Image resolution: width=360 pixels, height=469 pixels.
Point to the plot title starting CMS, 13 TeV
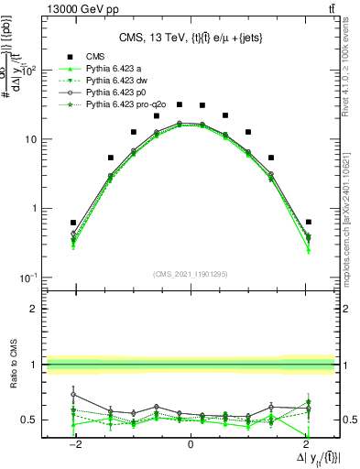pos(190,38)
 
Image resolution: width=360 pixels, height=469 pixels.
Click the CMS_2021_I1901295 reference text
pos(191,273)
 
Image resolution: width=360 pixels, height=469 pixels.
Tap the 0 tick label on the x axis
pos(191,443)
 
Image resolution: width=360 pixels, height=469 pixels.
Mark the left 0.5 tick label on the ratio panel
pos(30,420)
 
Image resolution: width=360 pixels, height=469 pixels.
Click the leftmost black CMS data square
pos(73,223)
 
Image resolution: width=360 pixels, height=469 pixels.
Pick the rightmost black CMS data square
pos(309,222)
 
